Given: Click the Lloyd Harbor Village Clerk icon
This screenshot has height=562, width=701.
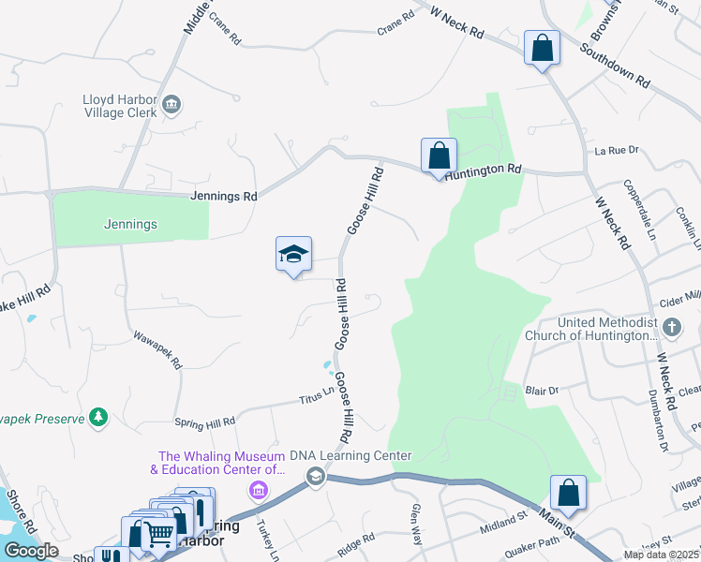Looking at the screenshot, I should pos(172,105).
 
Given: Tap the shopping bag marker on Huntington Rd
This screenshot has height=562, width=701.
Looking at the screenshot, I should pos(439,156).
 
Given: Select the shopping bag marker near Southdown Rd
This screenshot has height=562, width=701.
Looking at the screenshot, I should pos(542,49).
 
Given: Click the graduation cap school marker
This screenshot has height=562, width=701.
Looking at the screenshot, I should pos(293,254).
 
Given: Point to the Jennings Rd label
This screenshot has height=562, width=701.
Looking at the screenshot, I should pos(223,197).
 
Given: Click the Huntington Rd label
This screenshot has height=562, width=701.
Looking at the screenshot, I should pos(483,171).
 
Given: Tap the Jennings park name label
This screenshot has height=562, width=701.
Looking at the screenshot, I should pos(130,225).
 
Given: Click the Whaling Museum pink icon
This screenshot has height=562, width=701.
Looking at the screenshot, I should pos(259,490).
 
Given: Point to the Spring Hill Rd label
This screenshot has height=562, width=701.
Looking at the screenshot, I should pos(204,423).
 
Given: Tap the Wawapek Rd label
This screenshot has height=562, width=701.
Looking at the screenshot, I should pos(157,348).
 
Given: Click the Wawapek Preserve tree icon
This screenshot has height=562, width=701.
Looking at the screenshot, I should pos(98,417).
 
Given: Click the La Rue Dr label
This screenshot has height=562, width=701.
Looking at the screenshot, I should pos(616,150).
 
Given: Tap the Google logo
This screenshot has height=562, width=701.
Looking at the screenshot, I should pos(32,551).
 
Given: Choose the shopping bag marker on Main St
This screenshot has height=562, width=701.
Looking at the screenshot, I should pos(568,494).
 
